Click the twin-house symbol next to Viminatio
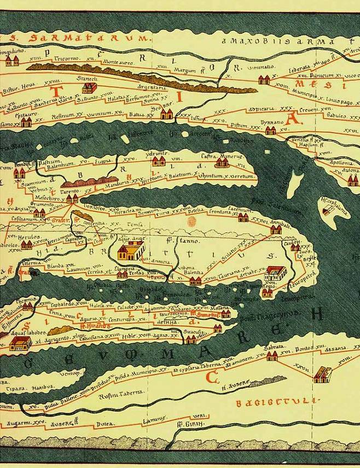click(264, 79)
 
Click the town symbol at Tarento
click(72, 199)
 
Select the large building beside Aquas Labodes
click(20, 343)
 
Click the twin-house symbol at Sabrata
click(272, 356)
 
